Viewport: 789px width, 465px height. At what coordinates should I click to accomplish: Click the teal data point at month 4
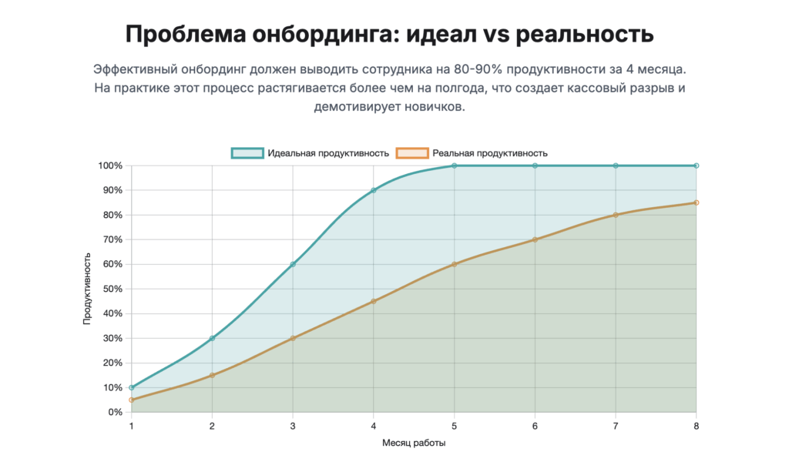374,190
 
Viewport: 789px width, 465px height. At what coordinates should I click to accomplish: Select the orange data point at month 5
455,264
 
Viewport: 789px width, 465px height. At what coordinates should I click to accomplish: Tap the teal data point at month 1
131,387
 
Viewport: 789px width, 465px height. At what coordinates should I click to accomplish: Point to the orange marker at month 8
697,202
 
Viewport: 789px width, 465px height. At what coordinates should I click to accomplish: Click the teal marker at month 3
293,264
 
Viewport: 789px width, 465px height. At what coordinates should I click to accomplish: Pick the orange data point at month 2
212,375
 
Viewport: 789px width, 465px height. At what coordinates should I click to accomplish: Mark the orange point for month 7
616,215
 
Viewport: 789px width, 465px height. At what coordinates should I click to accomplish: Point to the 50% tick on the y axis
112,289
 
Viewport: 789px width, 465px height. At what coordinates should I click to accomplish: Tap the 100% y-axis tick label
109,166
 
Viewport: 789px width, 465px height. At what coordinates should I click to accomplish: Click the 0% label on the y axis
115,412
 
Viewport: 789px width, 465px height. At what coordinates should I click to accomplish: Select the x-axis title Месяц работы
414,443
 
